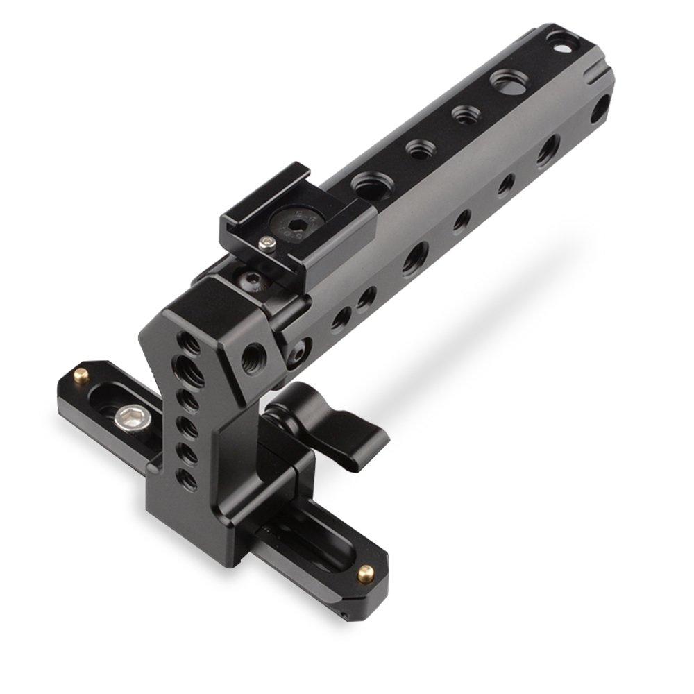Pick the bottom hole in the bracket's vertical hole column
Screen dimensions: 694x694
pyautogui.click(x=184, y=476)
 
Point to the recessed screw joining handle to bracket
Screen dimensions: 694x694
pyautogui.click(x=296, y=351)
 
